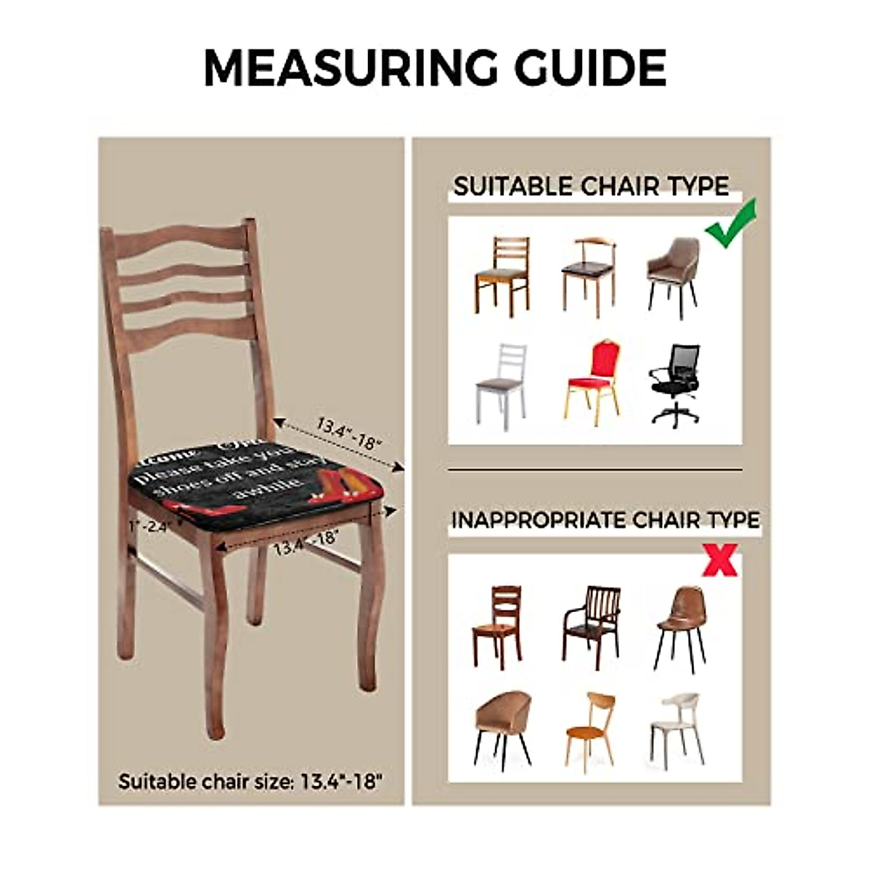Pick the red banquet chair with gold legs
[592, 381]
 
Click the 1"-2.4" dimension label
[147, 526]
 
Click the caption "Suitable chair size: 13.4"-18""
[250, 782]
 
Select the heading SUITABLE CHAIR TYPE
[591, 187]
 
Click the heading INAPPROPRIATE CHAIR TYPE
[605, 520]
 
